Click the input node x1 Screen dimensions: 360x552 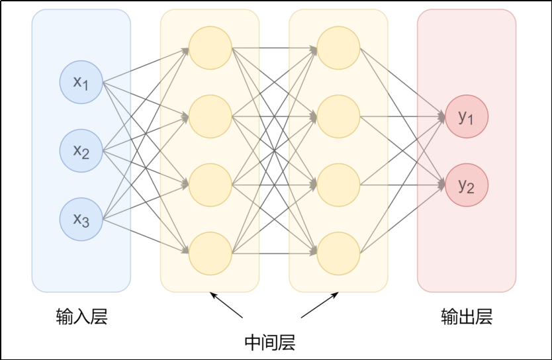tap(81, 83)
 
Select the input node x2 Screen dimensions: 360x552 tap(81, 151)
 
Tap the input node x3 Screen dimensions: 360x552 tap(81, 219)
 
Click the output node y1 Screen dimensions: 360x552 tap(467, 117)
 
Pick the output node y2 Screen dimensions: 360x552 tap(467, 185)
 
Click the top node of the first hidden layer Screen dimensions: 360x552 tap(210, 48)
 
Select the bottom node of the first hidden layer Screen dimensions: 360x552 tap(210, 253)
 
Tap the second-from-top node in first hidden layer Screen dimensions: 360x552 tap(210, 116)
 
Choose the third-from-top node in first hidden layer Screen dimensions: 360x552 tap(210, 185)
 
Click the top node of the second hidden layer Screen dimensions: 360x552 tap(338, 48)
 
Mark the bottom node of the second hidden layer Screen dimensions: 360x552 tap(338, 253)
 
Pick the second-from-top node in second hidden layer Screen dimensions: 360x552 tap(338, 116)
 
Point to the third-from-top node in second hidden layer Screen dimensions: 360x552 tap(338, 185)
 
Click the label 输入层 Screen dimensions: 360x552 tap(81, 317)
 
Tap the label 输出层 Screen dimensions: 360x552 tap(467, 317)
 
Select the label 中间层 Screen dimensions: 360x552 tap(269, 342)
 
